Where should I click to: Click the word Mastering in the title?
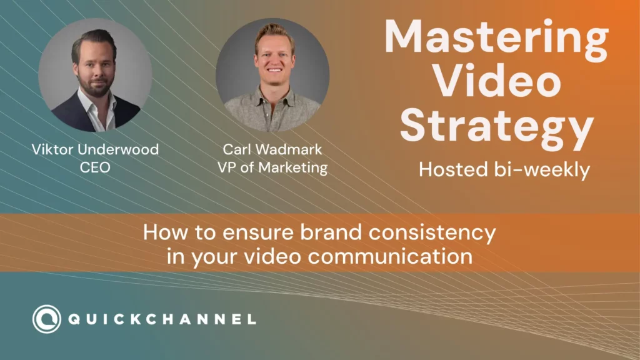pyautogui.click(x=496, y=39)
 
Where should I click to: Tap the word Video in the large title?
pyautogui.click(x=497, y=82)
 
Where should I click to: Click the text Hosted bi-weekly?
pyautogui.click(x=504, y=169)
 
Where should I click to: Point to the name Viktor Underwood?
pyautogui.click(x=95, y=149)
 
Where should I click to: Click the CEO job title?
pyautogui.click(x=95, y=167)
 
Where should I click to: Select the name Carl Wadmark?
pyautogui.click(x=272, y=149)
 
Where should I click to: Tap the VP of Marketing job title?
pyautogui.click(x=272, y=167)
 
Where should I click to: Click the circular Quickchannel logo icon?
pyautogui.click(x=47, y=319)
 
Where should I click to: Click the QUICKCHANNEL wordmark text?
pyautogui.click(x=162, y=319)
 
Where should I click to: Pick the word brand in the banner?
pyautogui.click(x=331, y=232)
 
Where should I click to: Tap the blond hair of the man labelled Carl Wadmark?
pyautogui.click(x=274, y=32)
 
